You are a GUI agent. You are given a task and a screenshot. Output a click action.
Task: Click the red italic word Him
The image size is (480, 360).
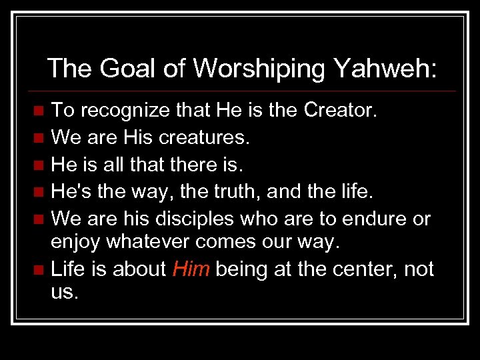pos(191,269)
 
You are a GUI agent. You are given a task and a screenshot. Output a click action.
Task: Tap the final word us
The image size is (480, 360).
pos(64,291)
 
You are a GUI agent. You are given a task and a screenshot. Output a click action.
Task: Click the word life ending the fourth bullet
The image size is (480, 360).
pos(355,192)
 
